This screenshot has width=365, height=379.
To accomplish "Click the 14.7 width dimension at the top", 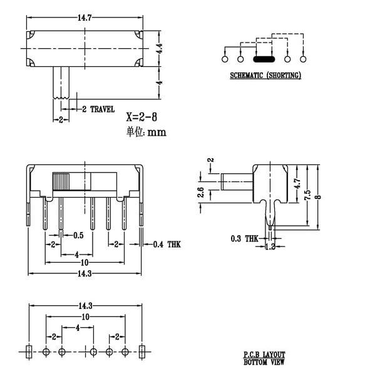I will tap(83, 18).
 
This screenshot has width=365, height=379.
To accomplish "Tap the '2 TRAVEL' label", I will tap(98, 109).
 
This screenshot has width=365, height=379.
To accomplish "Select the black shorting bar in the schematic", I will tap(264, 60).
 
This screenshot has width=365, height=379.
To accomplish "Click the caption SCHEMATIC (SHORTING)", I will tap(265, 76).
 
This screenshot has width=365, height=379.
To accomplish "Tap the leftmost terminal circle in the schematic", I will tap(225, 60).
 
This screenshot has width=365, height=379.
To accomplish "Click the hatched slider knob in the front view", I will tap(61, 181).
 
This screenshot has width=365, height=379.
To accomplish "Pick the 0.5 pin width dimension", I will tap(78, 236).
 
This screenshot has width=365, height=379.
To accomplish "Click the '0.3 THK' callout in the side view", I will tap(244, 239).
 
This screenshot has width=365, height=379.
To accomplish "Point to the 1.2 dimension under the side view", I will tap(271, 247).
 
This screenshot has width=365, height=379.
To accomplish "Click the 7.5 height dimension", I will tap(308, 195).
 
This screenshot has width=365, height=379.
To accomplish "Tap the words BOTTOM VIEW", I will tap(264, 362).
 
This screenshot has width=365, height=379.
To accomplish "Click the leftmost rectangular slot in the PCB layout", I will tap(28, 351).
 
